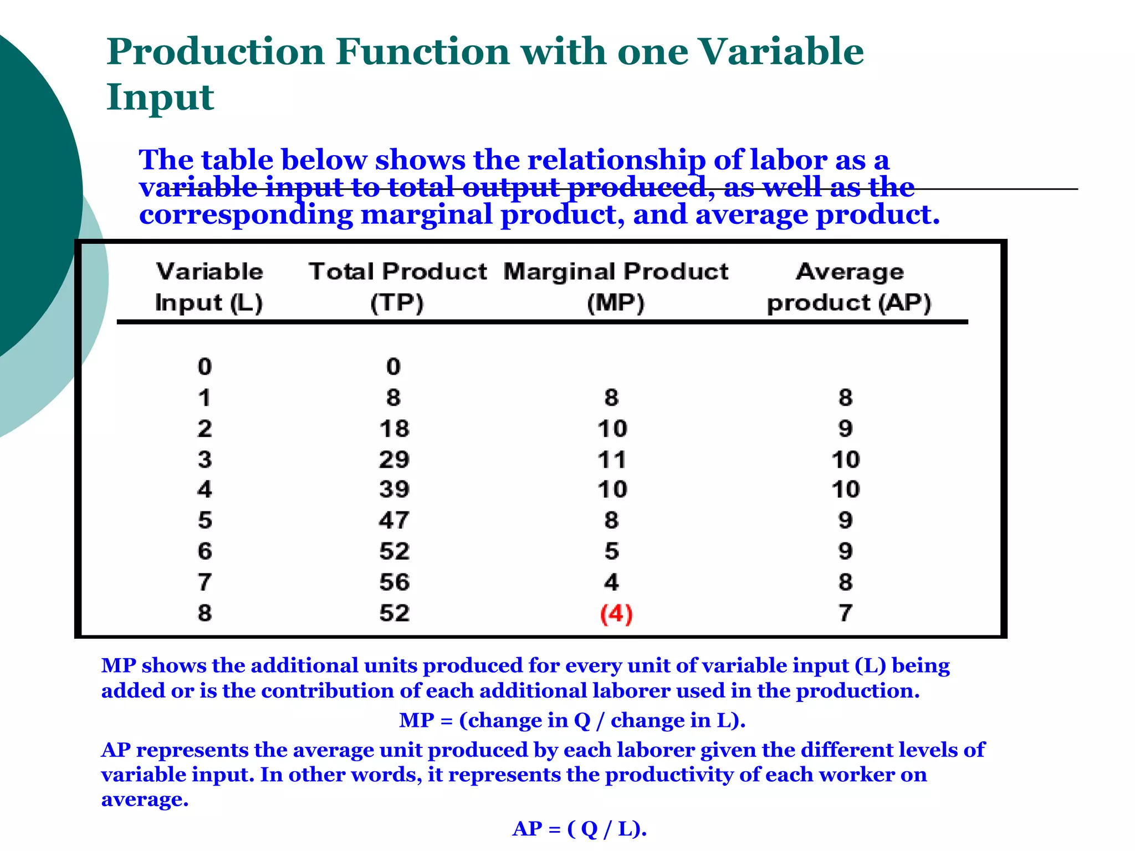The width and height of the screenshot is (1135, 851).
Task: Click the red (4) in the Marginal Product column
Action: point(616,614)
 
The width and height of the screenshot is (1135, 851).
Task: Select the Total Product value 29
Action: point(394,459)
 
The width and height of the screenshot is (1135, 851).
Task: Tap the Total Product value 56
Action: point(394,582)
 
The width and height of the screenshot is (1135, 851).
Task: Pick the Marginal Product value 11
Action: point(612,459)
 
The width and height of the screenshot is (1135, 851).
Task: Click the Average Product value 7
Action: point(845,613)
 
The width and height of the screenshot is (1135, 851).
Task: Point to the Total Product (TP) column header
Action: point(397,287)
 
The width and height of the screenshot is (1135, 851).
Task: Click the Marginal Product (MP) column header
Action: point(616,287)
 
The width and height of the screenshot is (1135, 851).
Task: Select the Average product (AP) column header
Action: point(849,287)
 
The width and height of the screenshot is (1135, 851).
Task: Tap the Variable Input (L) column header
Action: point(209,287)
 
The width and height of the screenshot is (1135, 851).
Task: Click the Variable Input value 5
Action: point(205,520)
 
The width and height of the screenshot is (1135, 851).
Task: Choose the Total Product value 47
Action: point(394,520)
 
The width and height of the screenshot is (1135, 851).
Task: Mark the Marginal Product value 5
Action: point(612,551)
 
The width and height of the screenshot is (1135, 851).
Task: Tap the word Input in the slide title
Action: point(160,97)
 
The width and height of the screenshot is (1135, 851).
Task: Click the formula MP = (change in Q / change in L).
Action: point(572,720)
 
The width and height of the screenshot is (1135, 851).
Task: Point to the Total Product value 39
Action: point(394,489)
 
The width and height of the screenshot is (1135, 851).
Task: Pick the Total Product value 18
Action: point(394,429)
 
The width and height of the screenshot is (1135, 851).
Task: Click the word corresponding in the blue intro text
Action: point(246,215)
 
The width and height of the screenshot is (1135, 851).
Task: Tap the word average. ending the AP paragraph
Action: point(145,799)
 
